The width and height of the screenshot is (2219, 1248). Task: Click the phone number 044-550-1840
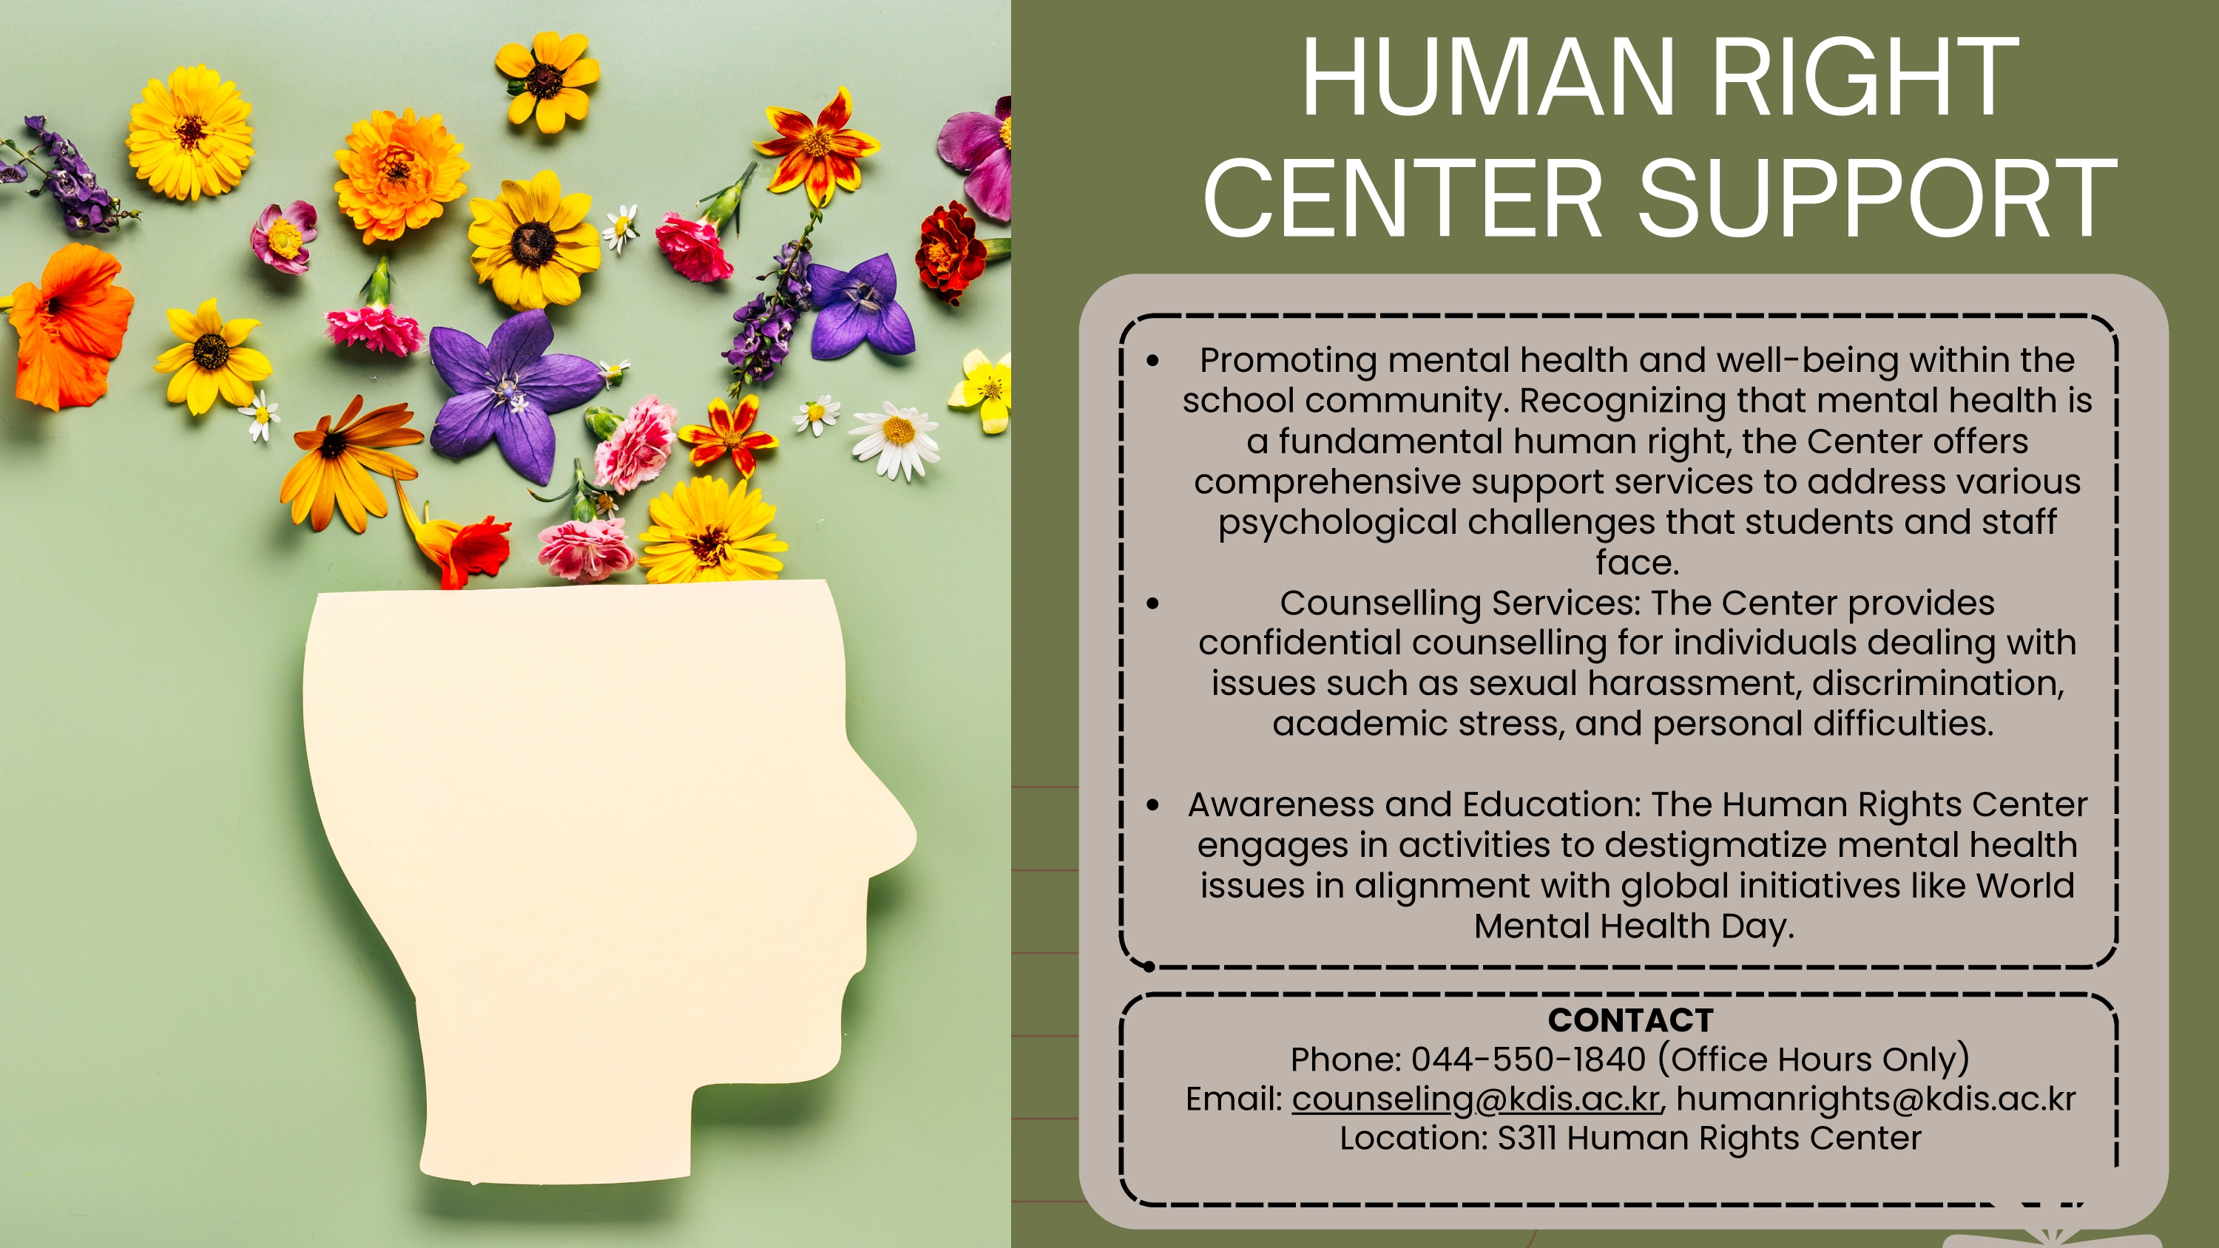tap(1528, 1059)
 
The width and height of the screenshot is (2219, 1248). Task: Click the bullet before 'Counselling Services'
tap(1152, 604)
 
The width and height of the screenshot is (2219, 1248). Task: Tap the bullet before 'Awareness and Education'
tap(1152, 805)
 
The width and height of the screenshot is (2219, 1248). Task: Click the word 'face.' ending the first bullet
tap(1638, 563)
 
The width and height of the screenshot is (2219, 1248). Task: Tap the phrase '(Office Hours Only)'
tap(1813, 1060)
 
